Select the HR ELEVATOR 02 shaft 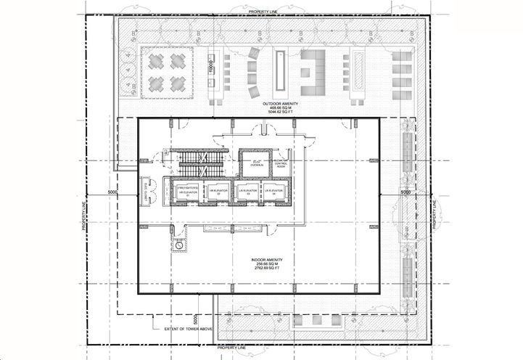pos(215,192)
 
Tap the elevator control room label pos(280,165)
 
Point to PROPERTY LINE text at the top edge pos(266,12)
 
